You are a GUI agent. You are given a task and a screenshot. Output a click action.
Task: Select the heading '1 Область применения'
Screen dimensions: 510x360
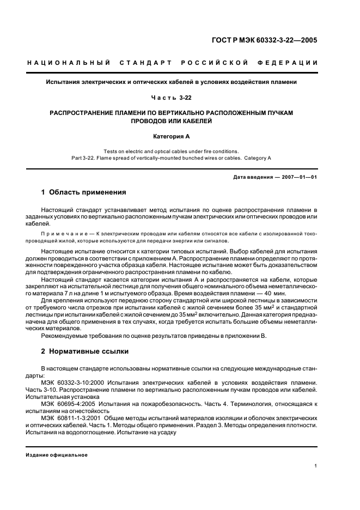tap(84, 192)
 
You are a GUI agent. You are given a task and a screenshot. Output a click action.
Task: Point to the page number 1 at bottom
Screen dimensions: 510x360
tap(316, 466)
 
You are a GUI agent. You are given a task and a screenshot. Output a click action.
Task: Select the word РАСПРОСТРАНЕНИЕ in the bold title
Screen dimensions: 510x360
tap(84, 113)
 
